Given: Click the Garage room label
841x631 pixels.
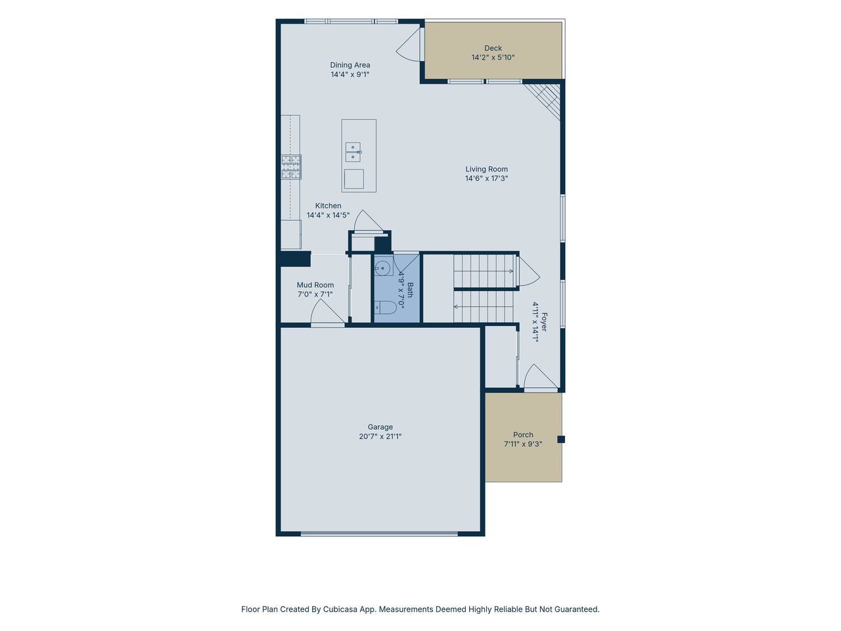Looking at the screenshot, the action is click(x=380, y=427).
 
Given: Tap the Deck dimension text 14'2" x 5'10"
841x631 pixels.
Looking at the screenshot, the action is click(x=493, y=57).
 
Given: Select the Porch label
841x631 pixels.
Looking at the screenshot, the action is click(x=523, y=435).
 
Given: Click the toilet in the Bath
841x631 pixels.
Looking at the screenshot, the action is click(x=385, y=306).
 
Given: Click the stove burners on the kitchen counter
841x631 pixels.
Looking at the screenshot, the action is click(x=291, y=167).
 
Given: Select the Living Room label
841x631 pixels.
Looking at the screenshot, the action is click(x=487, y=169).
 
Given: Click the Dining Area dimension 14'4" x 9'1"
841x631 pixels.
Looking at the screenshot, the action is click(x=350, y=74).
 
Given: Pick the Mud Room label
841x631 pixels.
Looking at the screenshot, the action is click(x=315, y=285).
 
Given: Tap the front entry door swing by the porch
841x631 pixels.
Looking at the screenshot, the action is click(x=540, y=378).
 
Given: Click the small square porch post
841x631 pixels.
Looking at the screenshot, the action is click(x=561, y=440).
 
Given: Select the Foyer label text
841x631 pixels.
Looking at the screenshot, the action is click(x=544, y=322).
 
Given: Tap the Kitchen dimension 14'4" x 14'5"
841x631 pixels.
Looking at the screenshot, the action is click(x=328, y=215).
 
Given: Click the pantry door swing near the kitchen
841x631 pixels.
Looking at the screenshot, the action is click(x=368, y=221).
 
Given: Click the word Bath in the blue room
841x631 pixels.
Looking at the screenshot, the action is click(x=410, y=290).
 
